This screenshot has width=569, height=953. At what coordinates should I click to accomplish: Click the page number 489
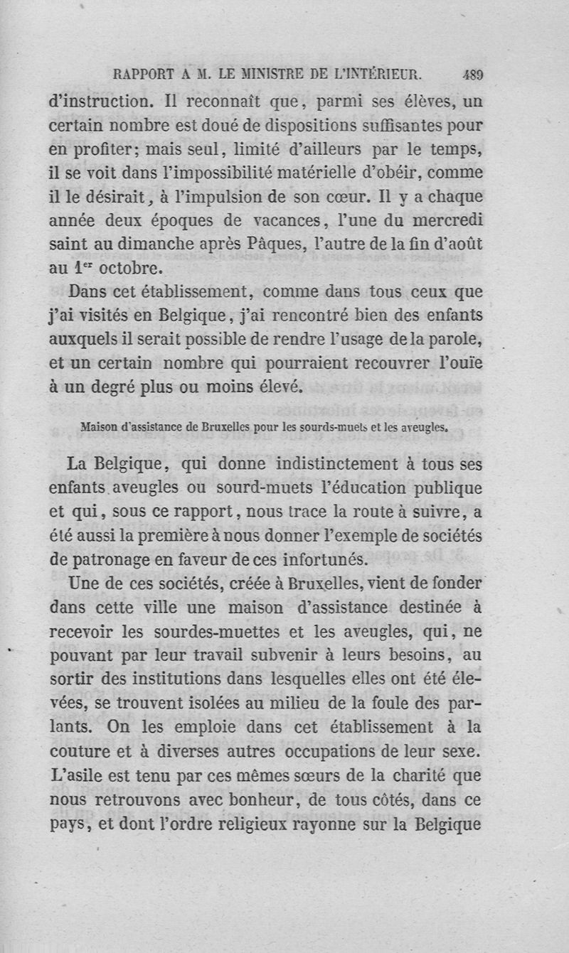pyautogui.click(x=472, y=72)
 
